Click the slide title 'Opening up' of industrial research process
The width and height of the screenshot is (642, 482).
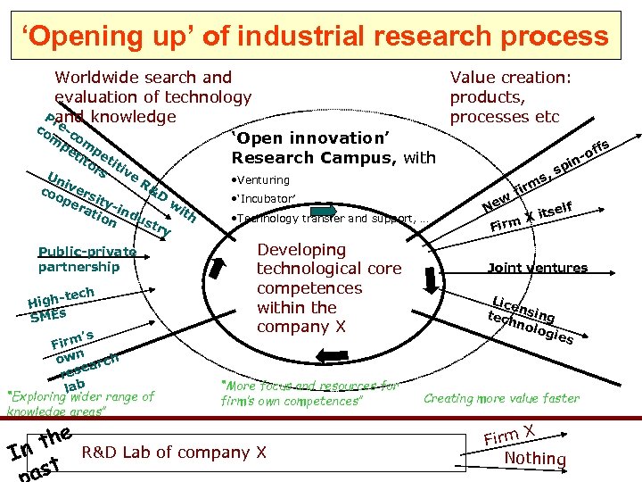[316, 37]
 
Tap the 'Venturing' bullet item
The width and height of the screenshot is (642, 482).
[260, 180]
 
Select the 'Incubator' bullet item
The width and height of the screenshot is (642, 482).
[264, 198]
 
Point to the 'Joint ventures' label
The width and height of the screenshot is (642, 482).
[537, 268]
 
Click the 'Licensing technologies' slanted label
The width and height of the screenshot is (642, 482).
[530, 319]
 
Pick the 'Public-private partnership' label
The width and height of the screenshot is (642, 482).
[86, 259]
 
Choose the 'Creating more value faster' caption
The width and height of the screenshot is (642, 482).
[501, 399]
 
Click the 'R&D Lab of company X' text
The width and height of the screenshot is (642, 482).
[174, 453]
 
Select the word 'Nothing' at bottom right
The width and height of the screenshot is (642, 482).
[535, 459]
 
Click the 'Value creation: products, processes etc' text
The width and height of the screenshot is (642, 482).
[510, 97]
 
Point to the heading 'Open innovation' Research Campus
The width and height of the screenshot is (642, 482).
[333, 148]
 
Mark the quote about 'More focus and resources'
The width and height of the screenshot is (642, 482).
[309, 394]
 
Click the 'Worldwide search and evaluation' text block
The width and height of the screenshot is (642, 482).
[152, 96]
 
